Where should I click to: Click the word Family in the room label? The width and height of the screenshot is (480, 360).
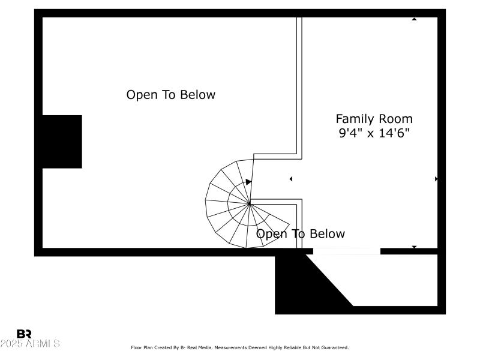click(x=355, y=119)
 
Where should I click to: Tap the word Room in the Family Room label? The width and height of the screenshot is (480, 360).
click(x=395, y=119)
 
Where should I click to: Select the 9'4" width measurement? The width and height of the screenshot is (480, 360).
click(x=350, y=133)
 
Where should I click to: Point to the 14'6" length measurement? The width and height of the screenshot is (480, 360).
click(x=394, y=133)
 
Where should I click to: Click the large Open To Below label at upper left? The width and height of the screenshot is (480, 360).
click(x=170, y=95)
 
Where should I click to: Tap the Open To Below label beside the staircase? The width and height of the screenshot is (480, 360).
click(x=301, y=234)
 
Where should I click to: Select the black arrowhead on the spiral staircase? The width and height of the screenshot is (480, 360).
click(x=248, y=181)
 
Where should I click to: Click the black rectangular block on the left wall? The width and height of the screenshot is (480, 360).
click(x=61, y=142)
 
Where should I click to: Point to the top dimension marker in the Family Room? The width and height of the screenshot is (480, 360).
click(x=414, y=19)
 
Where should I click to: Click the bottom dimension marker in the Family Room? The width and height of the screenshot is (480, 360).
click(x=414, y=247)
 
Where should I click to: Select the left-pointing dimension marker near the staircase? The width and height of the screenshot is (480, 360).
click(x=291, y=179)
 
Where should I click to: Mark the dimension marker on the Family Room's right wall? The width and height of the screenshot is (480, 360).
click(x=436, y=179)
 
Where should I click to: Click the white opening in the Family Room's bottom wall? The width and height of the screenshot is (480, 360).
click(x=347, y=251)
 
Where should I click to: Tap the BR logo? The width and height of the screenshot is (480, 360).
click(x=24, y=334)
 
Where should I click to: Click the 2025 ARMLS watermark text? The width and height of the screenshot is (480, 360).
click(x=30, y=344)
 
